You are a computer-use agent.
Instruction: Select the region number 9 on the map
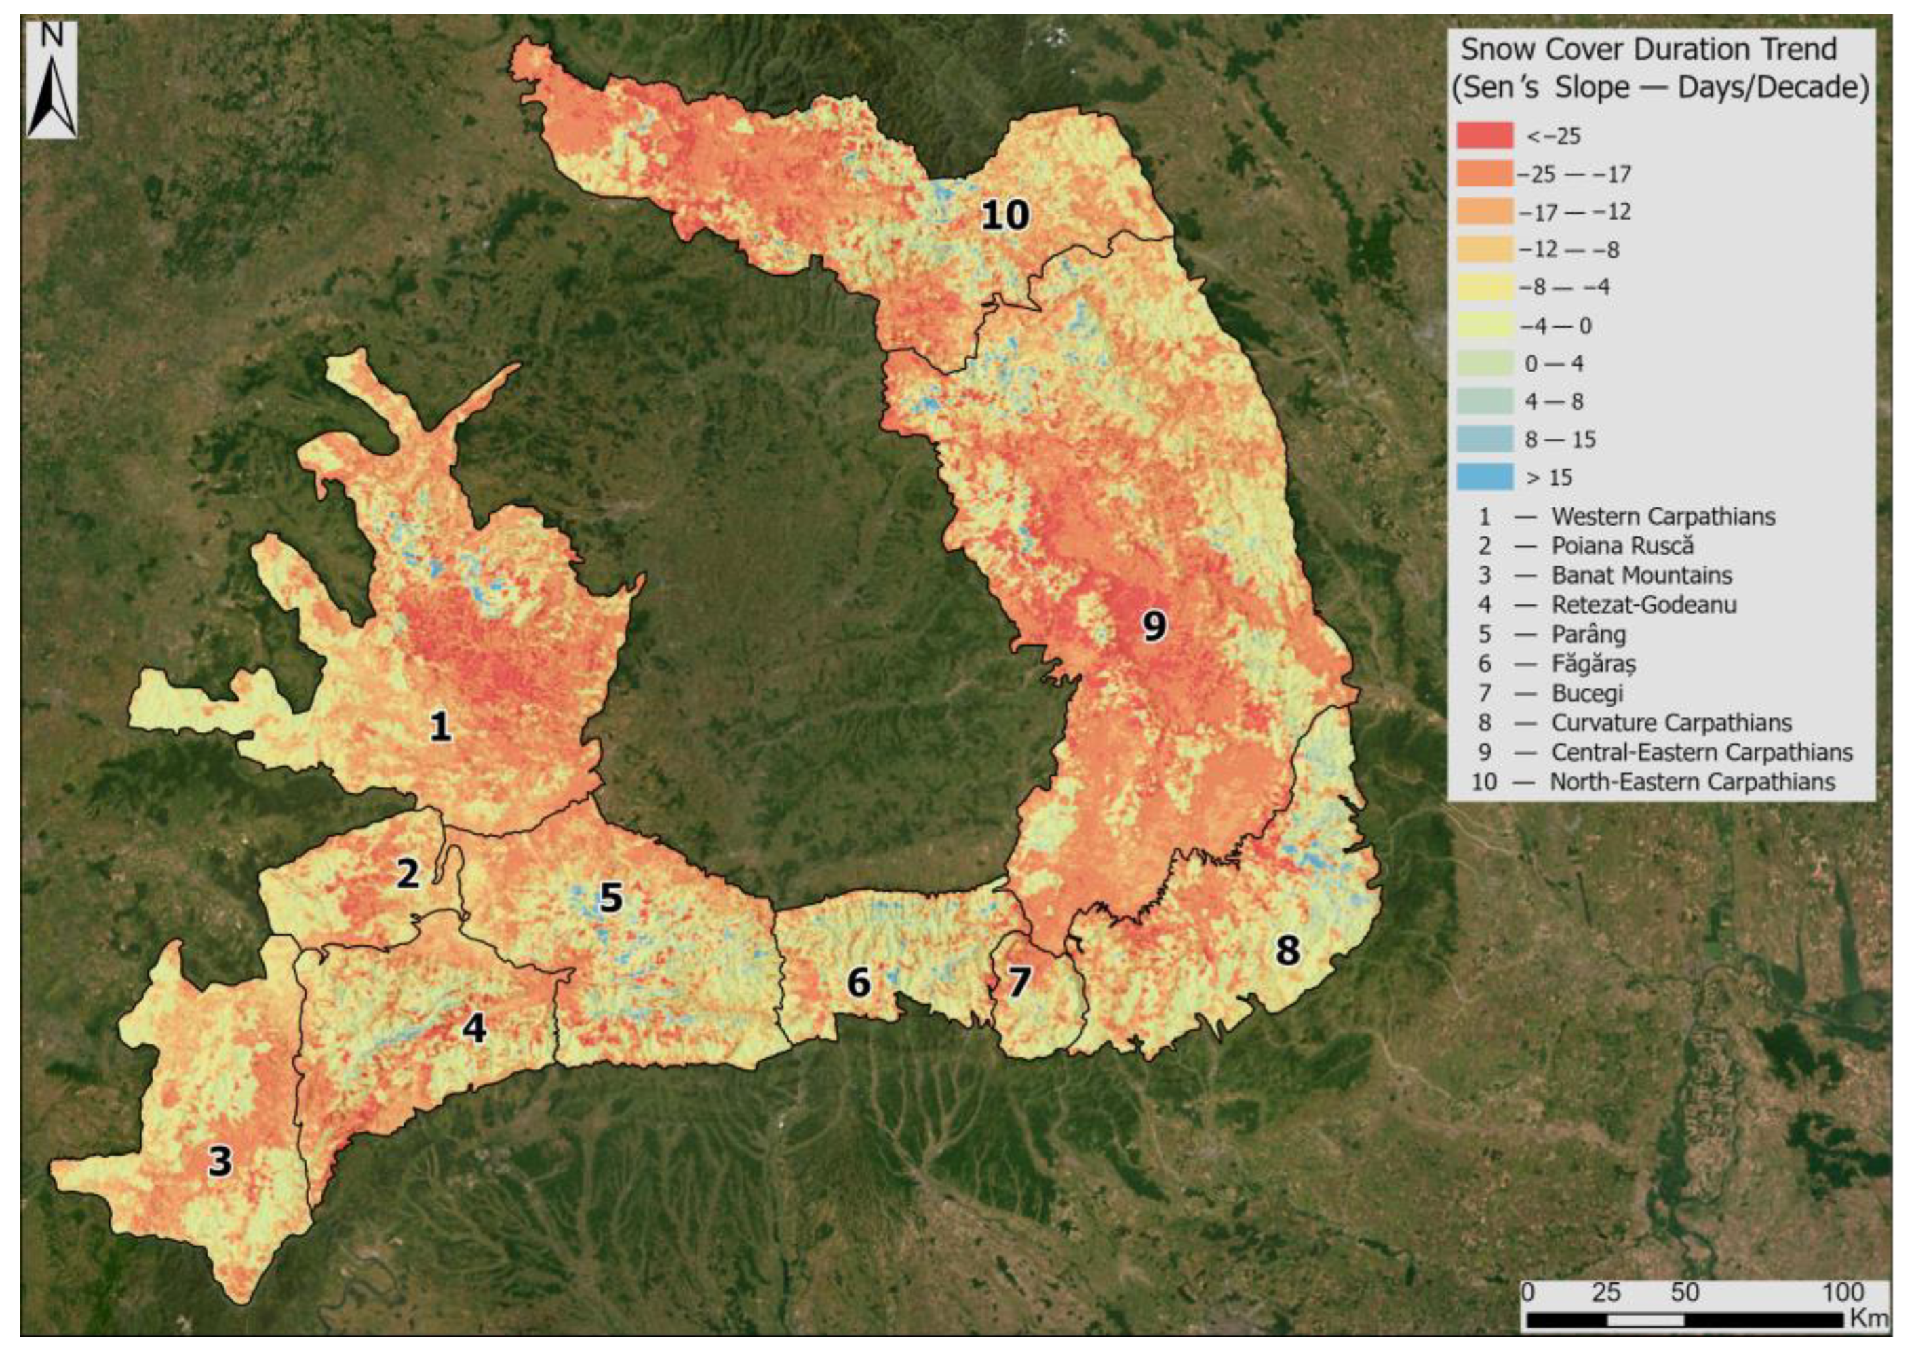pyautogui.click(x=1153, y=626)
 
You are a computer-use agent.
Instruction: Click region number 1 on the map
pyautogui.click(x=440, y=726)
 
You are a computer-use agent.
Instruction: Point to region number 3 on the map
pyautogui.click(x=220, y=1162)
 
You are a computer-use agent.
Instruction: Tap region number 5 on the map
pyautogui.click(x=611, y=899)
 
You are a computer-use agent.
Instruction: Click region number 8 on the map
pyautogui.click(x=1287, y=950)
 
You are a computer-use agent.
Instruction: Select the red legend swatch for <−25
pyautogui.click(x=1484, y=136)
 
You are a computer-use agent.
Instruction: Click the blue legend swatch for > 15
pyautogui.click(x=1484, y=477)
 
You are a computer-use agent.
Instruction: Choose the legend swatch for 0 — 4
pyautogui.click(x=1484, y=363)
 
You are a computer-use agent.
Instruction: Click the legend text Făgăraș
pyautogui.click(x=1593, y=664)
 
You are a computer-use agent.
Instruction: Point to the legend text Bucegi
pyautogui.click(x=1587, y=693)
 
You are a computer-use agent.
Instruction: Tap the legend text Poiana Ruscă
pyautogui.click(x=1622, y=546)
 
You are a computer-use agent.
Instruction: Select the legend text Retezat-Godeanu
pyautogui.click(x=1643, y=604)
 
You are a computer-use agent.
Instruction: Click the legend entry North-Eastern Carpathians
pyautogui.click(x=1692, y=782)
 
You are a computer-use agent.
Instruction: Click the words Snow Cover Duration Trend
pyautogui.click(x=1648, y=50)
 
